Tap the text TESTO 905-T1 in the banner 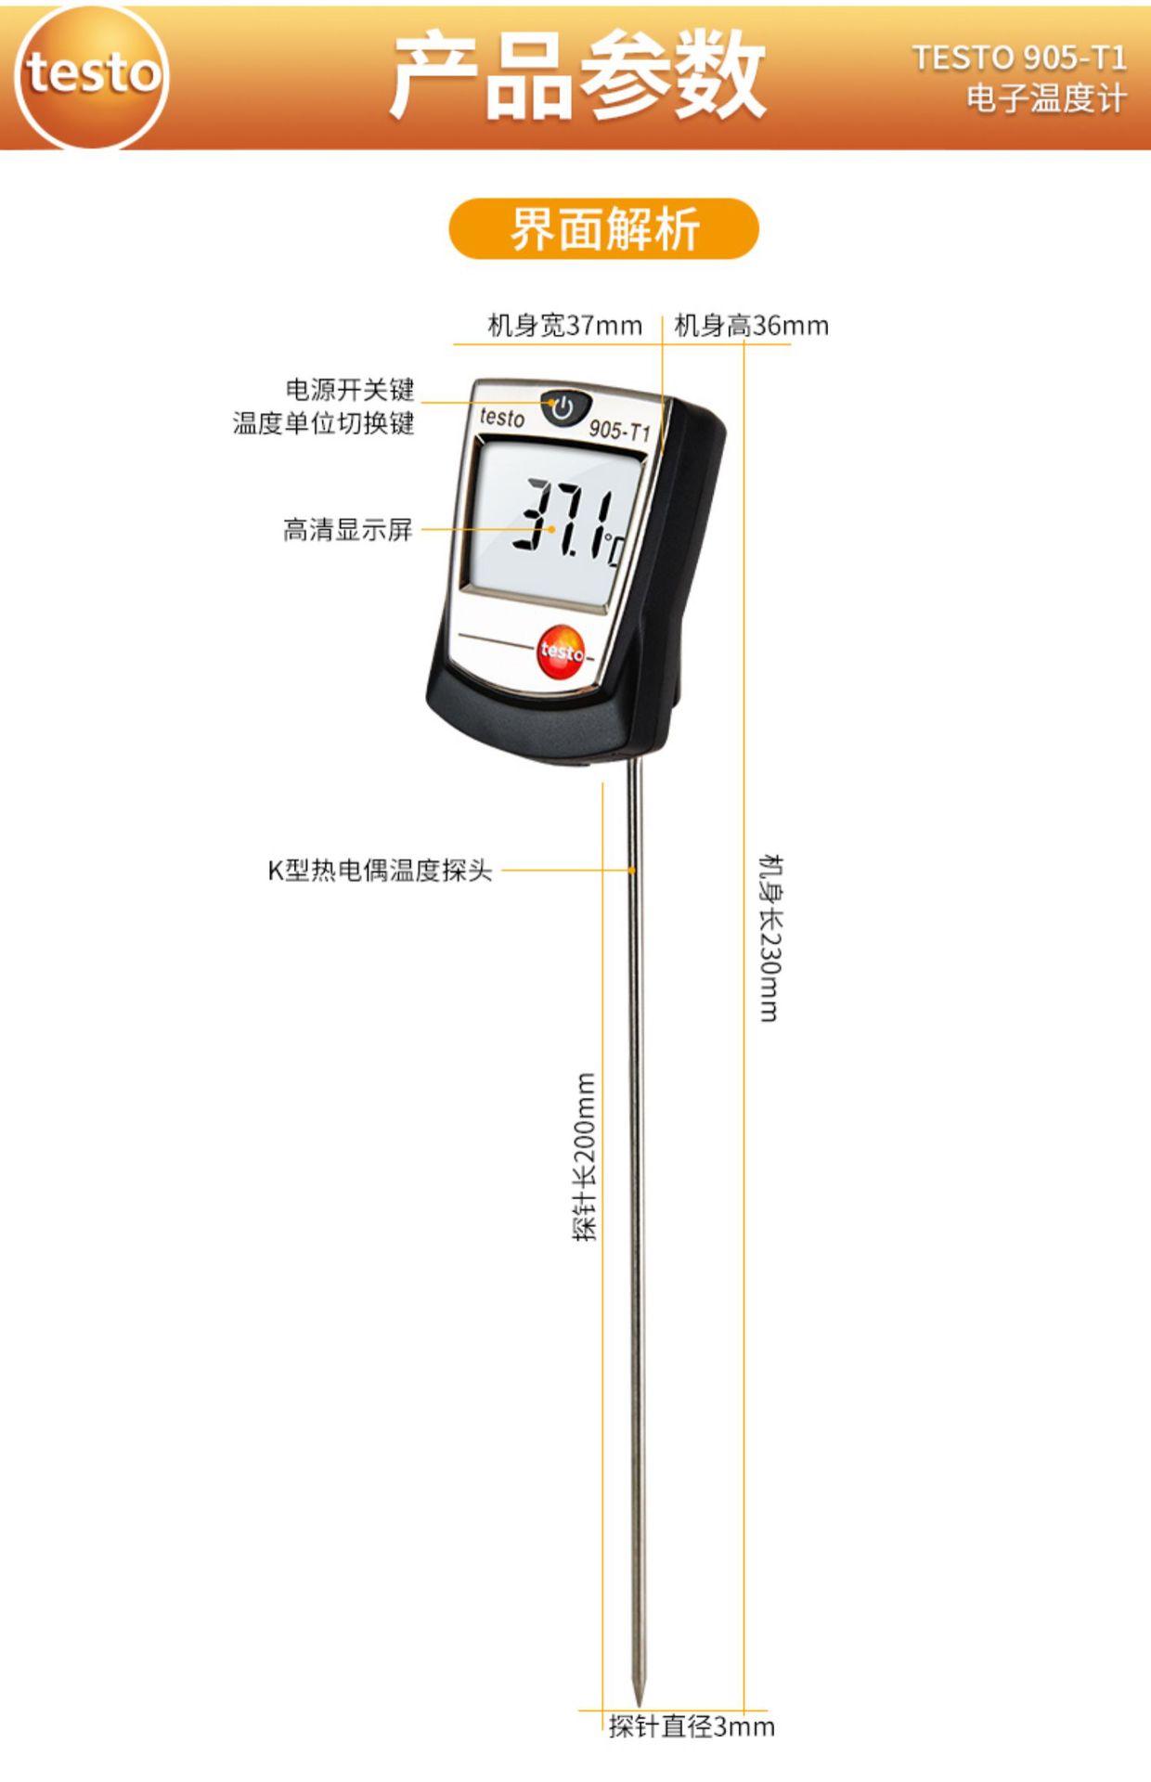pos(1019,58)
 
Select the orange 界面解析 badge pos(603,228)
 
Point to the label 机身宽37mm pos(564,326)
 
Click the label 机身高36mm pos(751,326)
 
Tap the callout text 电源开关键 pos(349,389)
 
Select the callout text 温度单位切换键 pos(323,423)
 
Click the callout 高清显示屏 pos(347,530)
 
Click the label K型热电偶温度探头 pos(380,871)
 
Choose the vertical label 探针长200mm pos(585,1156)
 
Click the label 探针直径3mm pos(692,1726)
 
